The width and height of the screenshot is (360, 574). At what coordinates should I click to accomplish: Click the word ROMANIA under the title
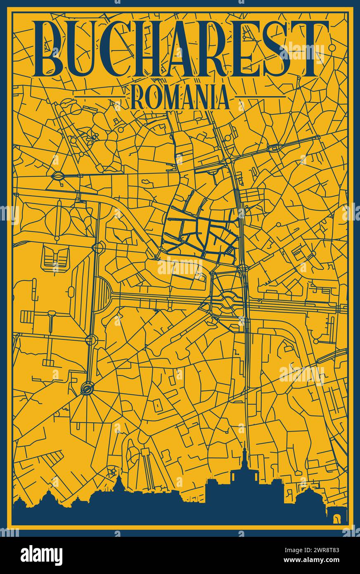(180, 97)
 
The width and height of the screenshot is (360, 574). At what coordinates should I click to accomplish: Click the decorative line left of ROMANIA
(99, 97)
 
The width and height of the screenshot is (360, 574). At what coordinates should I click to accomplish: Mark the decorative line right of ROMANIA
(260, 97)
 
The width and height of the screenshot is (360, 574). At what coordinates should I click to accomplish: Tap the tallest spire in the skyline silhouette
(245, 454)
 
